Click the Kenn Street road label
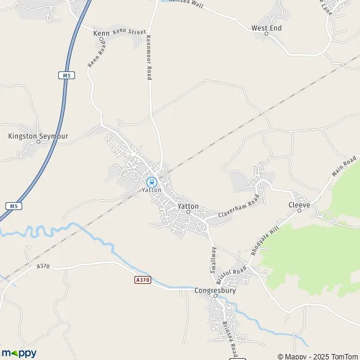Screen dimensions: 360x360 (x=129, y=32)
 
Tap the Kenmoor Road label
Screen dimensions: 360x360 (x=148, y=58)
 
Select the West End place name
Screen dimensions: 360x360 (x=266, y=28)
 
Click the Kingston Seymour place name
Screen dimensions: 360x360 (x=38, y=136)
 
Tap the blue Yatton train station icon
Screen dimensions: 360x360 (x=152, y=181)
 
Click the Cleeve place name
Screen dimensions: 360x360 (x=299, y=205)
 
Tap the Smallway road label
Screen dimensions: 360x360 (x=213, y=262)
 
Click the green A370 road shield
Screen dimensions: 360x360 (x=142, y=280)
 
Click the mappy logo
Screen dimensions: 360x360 (x=19, y=352)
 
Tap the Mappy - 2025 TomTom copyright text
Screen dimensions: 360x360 (x=317, y=356)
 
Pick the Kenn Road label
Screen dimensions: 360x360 (x=95, y=52)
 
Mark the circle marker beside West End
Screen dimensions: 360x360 (x=266, y=34)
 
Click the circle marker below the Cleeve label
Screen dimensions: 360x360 (x=299, y=211)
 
